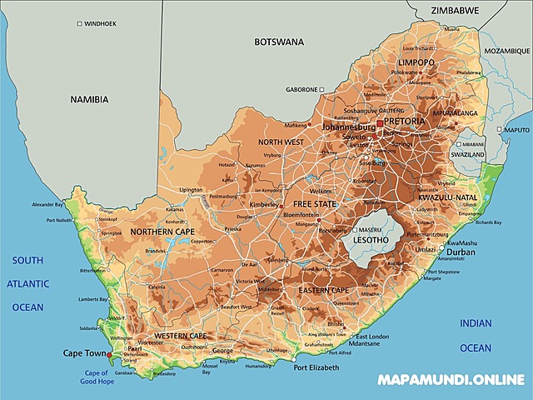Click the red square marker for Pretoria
point(380,122)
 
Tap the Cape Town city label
point(84,353)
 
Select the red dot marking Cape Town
point(109,354)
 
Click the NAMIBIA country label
point(89,99)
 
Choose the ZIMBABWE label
point(455,11)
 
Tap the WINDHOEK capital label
point(100,24)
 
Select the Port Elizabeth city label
point(316,367)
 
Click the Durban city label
point(461,252)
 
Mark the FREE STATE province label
point(314,204)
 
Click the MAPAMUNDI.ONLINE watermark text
point(451,380)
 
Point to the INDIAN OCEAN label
point(476,334)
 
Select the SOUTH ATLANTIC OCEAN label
point(27,284)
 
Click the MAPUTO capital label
point(516,130)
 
